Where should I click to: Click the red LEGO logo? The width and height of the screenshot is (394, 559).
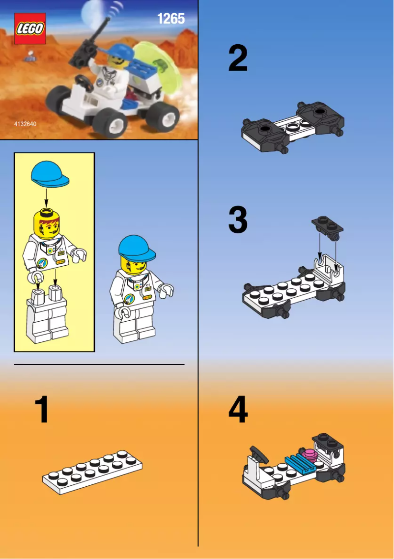[x=30, y=28]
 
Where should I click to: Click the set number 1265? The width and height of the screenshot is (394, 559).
[x=170, y=19]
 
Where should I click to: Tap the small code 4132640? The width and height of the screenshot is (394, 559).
[x=25, y=125]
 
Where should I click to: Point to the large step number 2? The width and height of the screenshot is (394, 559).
[x=238, y=58]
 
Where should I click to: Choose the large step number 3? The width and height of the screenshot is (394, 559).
[x=238, y=221]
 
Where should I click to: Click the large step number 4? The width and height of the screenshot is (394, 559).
[x=238, y=410]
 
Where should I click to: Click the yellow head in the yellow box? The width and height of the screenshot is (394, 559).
[x=48, y=221]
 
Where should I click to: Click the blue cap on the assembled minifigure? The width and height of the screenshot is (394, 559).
[x=137, y=248]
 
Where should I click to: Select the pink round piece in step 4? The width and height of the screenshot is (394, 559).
[x=310, y=455]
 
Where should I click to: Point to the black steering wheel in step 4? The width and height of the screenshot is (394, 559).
[x=258, y=453]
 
